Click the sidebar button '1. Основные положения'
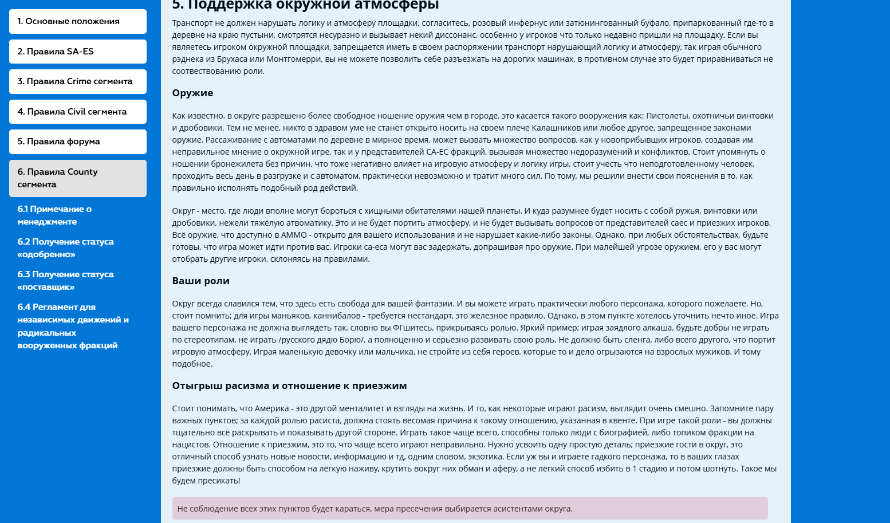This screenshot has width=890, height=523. coord(77,21)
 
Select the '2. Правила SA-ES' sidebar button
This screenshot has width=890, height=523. coord(77,52)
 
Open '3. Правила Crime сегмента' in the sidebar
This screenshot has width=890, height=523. coord(77,81)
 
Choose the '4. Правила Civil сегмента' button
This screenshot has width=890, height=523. coord(77,112)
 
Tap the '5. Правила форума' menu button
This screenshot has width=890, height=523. coord(77,141)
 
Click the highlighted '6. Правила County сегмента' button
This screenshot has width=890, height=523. coord(77,178)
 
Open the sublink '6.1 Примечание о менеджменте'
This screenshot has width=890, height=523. coord(54,215)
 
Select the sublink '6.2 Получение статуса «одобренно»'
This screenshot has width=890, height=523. coord(65,248)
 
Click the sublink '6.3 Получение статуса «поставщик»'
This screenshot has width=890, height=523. coord(65,281)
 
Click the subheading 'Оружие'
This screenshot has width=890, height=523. coord(192,93)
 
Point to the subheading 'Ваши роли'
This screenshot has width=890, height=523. coord(200,281)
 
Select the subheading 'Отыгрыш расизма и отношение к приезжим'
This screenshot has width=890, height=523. coord(289,386)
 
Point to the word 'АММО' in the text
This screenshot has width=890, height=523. coord(294,235)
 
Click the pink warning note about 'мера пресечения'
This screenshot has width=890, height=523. coord(470,509)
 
